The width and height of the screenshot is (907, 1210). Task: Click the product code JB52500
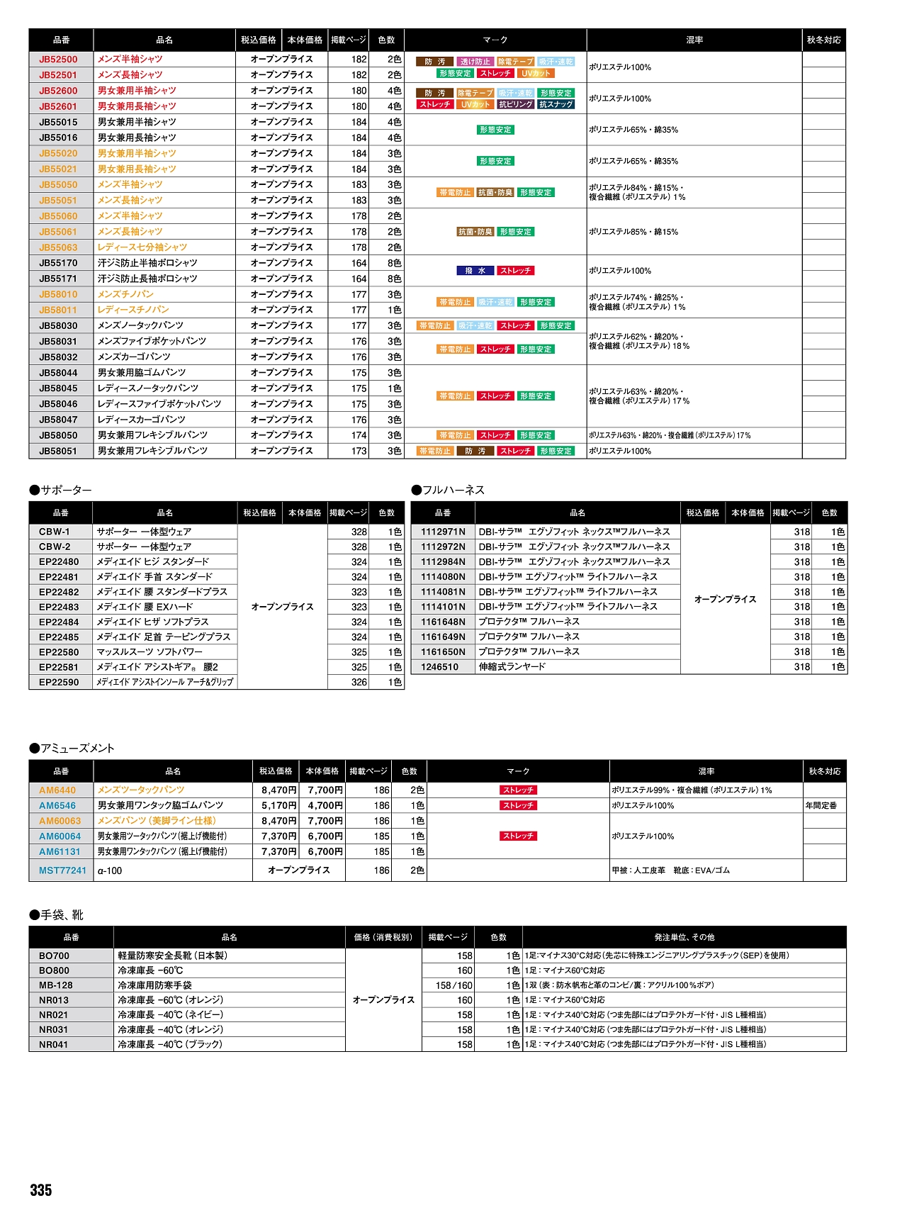(x=58, y=60)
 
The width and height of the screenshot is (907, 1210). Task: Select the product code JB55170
(x=58, y=263)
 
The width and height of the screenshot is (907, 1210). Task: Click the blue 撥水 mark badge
(x=475, y=271)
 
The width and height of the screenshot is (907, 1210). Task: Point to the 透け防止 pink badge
(x=474, y=62)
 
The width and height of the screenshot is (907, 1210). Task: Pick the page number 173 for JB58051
(x=359, y=451)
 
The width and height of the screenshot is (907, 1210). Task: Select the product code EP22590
(x=59, y=683)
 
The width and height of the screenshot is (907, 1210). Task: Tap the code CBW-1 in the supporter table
(x=55, y=532)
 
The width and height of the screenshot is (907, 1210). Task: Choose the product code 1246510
(x=439, y=667)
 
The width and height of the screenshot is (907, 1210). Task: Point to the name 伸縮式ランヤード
(x=512, y=667)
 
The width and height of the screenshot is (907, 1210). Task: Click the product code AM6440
(x=57, y=790)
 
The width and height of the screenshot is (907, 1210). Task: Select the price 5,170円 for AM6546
(x=278, y=806)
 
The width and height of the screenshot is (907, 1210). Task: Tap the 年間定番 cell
(x=821, y=806)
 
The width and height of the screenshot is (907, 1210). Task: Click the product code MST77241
(x=62, y=870)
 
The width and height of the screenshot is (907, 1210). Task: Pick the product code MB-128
(x=56, y=985)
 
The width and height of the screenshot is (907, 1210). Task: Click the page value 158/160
(x=454, y=985)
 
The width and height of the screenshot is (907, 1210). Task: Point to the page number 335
(x=41, y=1190)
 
